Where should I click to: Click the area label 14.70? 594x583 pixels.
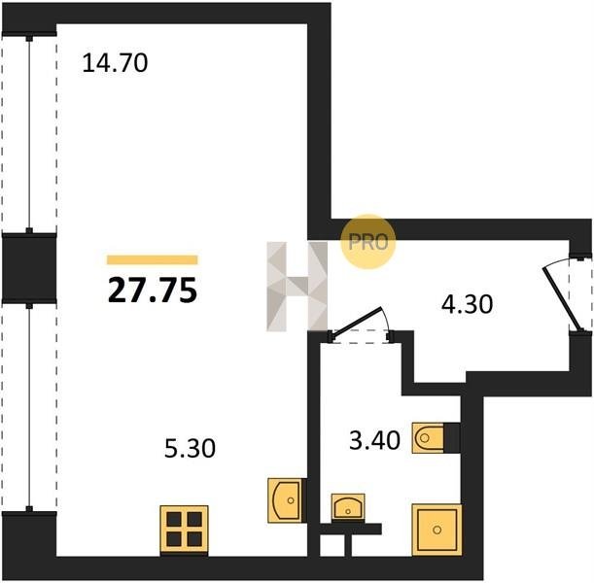(115, 63)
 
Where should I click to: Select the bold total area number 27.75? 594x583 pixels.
(153, 291)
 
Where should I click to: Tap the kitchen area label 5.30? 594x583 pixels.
(190, 448)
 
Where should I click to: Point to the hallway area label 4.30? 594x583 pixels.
(467, 304)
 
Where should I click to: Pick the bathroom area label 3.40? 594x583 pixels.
(374, 440)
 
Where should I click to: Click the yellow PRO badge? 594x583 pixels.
(368, 242)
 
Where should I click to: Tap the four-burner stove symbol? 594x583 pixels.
(184, 529)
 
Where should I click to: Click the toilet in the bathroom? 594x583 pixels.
(428, 438)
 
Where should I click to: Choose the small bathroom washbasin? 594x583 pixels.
(348, 506)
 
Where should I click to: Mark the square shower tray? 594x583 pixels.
(437, 530)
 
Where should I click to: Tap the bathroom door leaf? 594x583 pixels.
(356, 321)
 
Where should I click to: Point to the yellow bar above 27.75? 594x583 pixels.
(153, 259)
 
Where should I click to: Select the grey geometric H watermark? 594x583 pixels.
(297, 287)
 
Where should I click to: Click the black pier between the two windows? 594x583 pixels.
(29, 268)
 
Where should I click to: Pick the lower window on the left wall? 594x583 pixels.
(29, 407)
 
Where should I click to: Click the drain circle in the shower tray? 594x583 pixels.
(437, 530)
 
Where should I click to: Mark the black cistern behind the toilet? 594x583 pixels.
(452, 438)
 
